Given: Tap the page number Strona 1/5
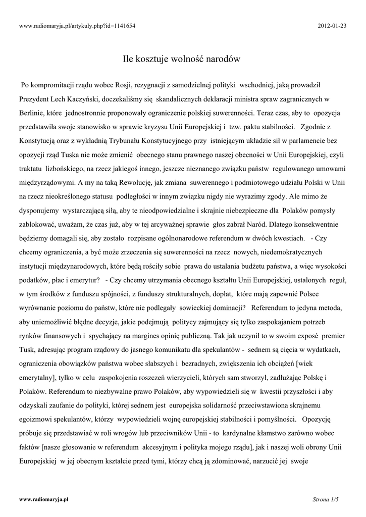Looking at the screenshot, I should [326, 499].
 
